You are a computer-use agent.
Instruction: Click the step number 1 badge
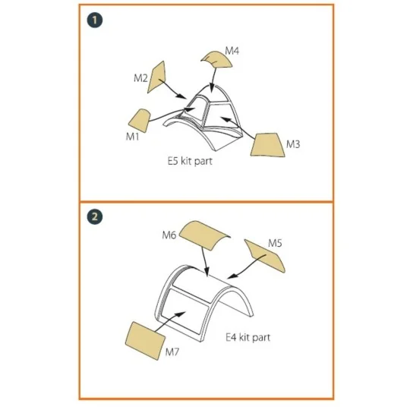pos(95,20)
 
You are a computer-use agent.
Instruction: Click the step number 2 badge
pos(95,216)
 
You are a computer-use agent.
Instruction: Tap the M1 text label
pos(133,137)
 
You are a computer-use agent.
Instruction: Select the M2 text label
pos(140,78)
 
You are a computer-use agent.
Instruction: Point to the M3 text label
pos(293,144)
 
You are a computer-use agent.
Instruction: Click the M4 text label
pos(232,51)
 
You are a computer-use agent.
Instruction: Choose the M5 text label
pos(275,244)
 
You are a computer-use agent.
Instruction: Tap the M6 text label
pos(169,235)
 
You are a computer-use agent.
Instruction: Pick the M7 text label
pos(172,352)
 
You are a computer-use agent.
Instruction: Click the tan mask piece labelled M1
pos(140,120)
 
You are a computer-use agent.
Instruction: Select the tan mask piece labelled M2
pos(156,77)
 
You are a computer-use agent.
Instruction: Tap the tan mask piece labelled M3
pos(267,145)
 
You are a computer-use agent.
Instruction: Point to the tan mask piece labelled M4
pos(217,59)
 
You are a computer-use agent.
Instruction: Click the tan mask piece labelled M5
pos(265,255)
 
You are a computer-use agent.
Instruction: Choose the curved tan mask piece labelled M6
pos(204,235)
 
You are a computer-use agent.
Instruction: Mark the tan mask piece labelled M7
pos(145,341)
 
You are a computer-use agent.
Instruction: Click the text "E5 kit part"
pos(190,161)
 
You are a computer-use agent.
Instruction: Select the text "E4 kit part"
pos(248,338)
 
